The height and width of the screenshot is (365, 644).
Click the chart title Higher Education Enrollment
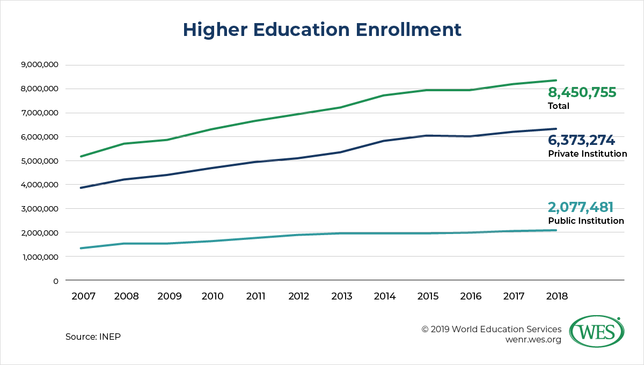pyautogui.click(x=322, y=30)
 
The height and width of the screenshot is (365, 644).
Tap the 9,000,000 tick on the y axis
pyautogui.click(x=39, y=65)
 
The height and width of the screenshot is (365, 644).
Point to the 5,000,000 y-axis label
pyautogui.click(x=39, y=161)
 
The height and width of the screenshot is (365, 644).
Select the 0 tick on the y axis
pyautogui.click(x=55, y=281)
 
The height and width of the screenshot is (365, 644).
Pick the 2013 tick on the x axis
pyautogui.click(x=342, y=296)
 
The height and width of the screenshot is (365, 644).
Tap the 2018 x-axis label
pyautogui.click(x=555, y=296)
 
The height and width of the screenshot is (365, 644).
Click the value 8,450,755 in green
pyautogui.click(x=582, y=93)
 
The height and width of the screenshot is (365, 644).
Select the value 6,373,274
pyautogui.click(x=581, y=141)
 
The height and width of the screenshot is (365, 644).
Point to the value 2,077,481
pyautogui.click(x=580, y=207)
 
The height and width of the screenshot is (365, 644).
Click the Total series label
pyautogui.click(x=559, y=106)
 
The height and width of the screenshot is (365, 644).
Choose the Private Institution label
pyautogui.click(x=587, y=154)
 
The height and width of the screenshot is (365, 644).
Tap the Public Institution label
pyautogui.click(x=586, y=221)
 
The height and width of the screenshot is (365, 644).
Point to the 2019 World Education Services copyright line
pyautogui.click(x=492, y=329)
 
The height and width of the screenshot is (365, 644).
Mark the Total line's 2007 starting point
pyautogui.click(x=80, y=157)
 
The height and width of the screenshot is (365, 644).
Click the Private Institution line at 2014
pyautogui.click(x=385, y=141)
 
